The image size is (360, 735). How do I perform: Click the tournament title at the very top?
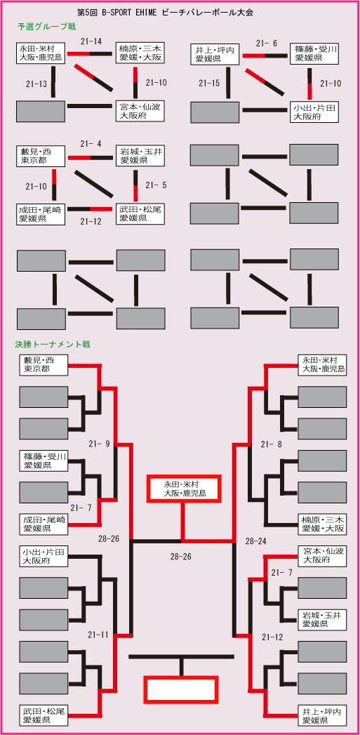pyautogui.click(x=164, y=13)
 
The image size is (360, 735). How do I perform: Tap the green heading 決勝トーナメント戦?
pyautogui.click(x=53, y=345)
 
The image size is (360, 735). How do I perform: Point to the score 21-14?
pyautogui.click(x=91, y=41)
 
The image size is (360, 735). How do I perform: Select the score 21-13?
pyautogui.click(x=36, y=84)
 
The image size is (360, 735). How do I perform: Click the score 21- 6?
pyautogui.click(x=267, y=44)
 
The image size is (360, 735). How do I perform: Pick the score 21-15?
pyautogui.click(x=208, y=84)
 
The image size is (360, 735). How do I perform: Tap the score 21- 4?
pyautogui.click(x=91, y=144)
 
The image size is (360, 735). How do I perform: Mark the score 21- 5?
pyautogui.click(x=156, y=185)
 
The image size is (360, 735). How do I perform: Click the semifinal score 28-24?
pyautogui.click(x=256, y=541)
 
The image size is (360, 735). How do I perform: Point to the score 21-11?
pyautogui.click(x=98, y=635)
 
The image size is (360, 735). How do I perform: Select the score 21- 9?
pyautogui.click(x=99, y=444)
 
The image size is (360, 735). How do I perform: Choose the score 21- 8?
pyautogui.click(x=272, y=444)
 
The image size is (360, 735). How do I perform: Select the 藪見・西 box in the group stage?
pyautogui.click(x=41, y=156)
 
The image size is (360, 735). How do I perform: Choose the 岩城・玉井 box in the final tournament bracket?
pyautogui.click(x=322, y=619)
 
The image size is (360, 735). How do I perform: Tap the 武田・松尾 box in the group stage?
pyautogui.click(x=140, y=213)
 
